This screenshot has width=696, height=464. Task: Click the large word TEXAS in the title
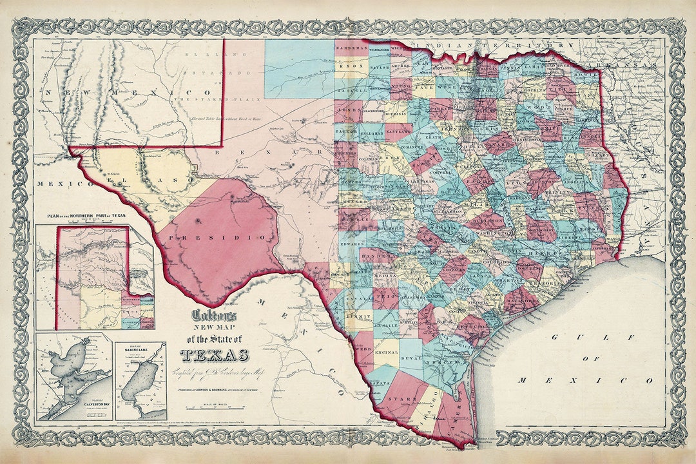(x=215, y=354)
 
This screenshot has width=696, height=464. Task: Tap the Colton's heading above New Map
(x=215, y=316)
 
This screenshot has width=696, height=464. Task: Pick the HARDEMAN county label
(x=352, y=48)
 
